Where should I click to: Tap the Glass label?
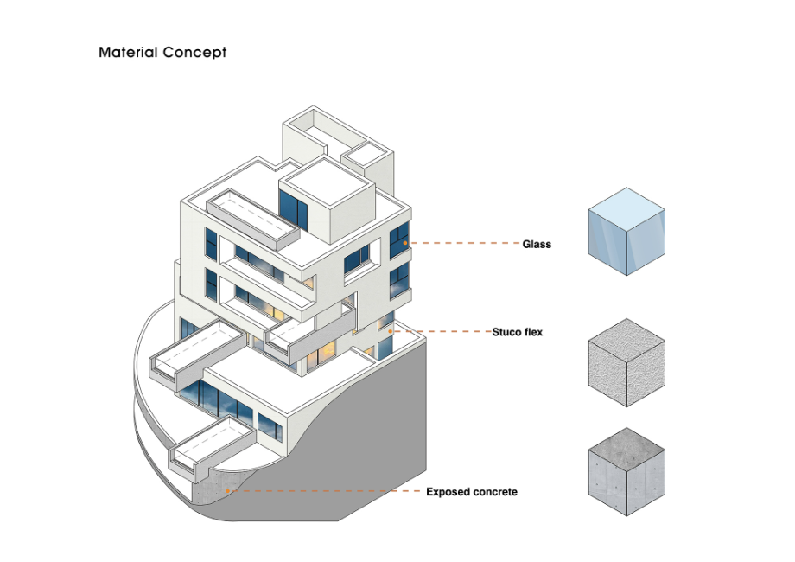(536, 245)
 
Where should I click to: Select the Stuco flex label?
(517, 332)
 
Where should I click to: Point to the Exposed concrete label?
(471, 492)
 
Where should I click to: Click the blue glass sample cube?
(626, 232)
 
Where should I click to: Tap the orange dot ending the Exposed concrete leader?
(228, 491)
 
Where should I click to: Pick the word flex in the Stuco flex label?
(531, 332)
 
